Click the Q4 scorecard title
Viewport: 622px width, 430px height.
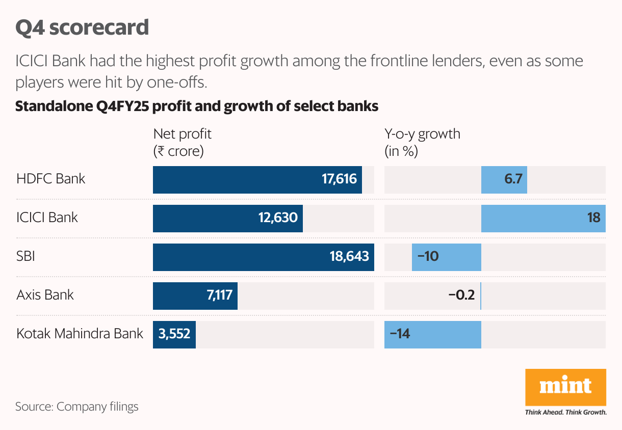[82, 28]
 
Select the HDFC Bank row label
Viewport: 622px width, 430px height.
[51, 179]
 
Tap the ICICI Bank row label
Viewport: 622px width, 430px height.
[47, 218]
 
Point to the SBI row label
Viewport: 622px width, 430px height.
[26, 256]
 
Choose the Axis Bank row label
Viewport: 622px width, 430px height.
[45, 295]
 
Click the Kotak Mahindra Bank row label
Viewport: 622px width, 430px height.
[80, 334]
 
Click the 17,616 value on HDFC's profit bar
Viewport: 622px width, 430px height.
[339, 179]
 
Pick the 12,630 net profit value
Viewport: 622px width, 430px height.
[277, 218]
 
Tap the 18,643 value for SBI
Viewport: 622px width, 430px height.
[349, 257]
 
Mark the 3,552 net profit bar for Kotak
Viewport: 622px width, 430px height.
[174, 334]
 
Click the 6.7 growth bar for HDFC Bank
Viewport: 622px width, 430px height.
[504, 179]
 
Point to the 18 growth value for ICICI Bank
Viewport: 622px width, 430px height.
[593, 218]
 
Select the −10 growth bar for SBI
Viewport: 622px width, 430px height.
[446, 257]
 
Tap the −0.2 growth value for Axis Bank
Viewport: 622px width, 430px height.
[461, 295]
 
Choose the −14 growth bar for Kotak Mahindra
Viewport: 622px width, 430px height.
[432, 334]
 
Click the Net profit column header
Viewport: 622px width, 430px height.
[182, 143]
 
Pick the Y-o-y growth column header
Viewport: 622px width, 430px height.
[422, 143]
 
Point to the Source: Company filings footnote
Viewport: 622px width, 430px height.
[77, 407]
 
